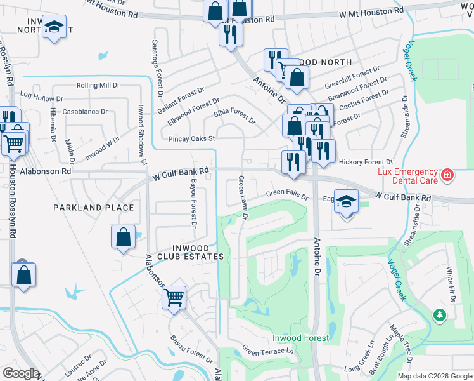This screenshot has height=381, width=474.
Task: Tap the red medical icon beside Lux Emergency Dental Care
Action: [x=447, y=173]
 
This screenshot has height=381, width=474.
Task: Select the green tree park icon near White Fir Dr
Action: [x=439, y=315]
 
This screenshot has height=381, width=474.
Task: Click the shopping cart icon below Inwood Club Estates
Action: [x=174, y=297]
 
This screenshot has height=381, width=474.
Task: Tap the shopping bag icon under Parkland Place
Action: [x=124, y=237]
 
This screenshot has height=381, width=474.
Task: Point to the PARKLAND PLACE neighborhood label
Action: [x=93, y=208]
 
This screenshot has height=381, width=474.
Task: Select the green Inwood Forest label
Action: [x=300, y=338]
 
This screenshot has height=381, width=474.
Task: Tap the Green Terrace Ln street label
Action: [x=269, y=351]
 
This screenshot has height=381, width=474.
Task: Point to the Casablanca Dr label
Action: [x=86, y=111]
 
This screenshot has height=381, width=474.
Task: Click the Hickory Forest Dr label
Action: [x=366, y=163]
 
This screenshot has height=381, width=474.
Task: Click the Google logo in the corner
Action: [x=21, y=373]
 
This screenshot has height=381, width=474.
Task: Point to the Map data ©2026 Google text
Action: [x=434, y=376]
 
